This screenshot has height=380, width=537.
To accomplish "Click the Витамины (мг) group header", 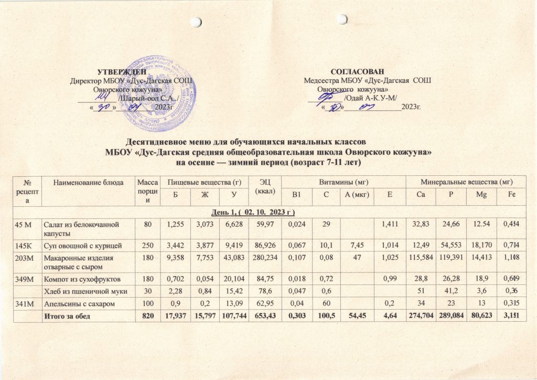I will [343, 182].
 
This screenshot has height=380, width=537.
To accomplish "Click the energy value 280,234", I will [260, 258].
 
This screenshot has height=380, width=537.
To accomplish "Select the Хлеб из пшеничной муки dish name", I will [82, 291].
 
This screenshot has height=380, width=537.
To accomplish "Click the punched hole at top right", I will [342, 19].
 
